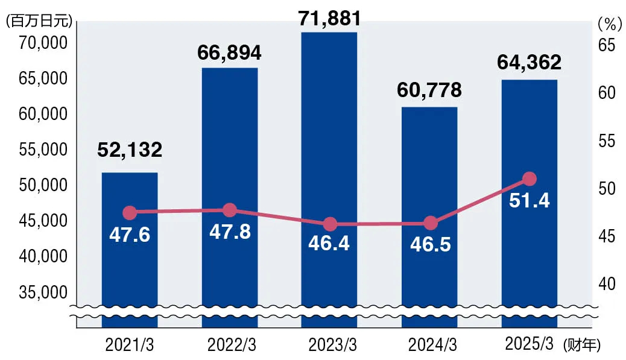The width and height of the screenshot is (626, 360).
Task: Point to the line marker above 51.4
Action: (530, 179)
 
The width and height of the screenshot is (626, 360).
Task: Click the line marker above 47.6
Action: (130, 213)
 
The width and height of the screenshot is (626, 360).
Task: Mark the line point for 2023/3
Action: (330, 224)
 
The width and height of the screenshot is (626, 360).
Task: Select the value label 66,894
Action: (229, 53)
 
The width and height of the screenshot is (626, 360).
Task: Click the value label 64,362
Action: (530, 63)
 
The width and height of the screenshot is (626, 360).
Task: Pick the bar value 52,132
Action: (130, 150)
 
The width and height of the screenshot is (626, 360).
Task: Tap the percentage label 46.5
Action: (429, 244)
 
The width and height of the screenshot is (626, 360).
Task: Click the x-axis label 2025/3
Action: (528, 344)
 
